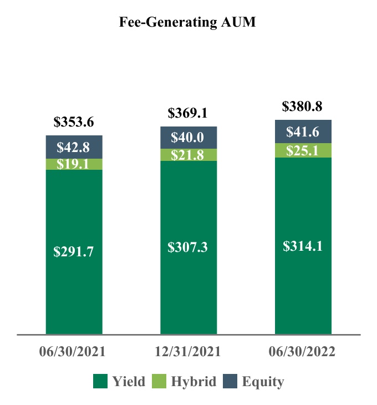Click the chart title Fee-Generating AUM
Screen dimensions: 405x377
pyautogui.click(x=188, y=23)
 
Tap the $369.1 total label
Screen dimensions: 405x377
pyautogui.click(x=188, y=114)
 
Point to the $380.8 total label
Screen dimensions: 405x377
pyautogui.click(x=303, y=107)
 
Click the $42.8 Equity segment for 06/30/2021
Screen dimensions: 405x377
pyautogui.click(x=74, y=147)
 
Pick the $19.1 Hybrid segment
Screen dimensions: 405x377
pyautogui.click(x=74, y=164)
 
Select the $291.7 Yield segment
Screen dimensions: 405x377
pyautogui.click(x=74, y=251)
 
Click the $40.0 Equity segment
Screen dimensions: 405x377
pyautogui.click(x=188, y=138)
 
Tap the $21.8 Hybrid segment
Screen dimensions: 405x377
pyautogui.click(x=188, y=155)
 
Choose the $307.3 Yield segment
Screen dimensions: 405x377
pyautogui.click(x=188, y=247)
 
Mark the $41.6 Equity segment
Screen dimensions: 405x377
pyautogui.click(x=303, y=131)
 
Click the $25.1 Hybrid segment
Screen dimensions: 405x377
pyautogui.click(x=303, y=150)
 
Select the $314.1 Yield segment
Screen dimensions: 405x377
pyautogui.click(x=303, y=246)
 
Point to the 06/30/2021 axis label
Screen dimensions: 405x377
pyautogui.click(x=74, y=352)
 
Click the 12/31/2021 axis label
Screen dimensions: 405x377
pyautogui.click(x=188, y=352)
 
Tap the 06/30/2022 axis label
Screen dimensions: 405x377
pyautogui.click(x=303, y=352)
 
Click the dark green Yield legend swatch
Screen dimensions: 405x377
pyautogui.click(x=100, y=382)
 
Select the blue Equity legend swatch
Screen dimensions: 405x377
pyautogui.click(x=230, y=382)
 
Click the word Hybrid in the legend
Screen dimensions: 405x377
pyautogui.click(x=193, y=382)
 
